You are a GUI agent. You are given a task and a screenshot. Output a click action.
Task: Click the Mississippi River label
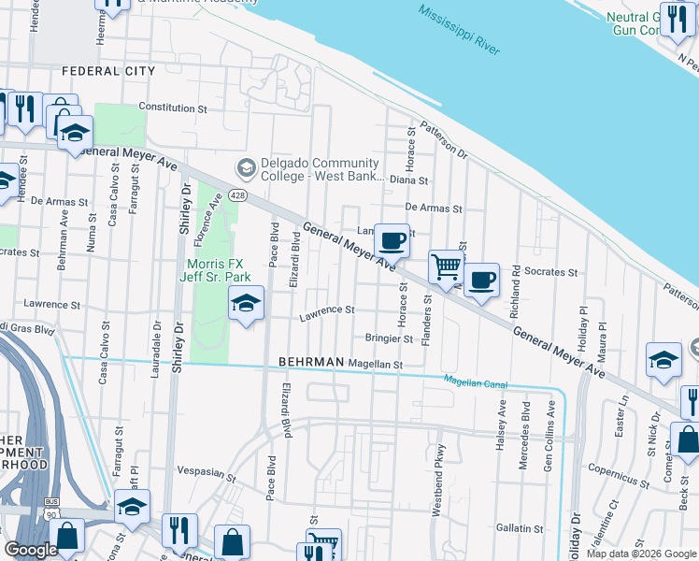point(459,29)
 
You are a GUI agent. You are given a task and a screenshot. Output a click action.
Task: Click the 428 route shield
point(239,195)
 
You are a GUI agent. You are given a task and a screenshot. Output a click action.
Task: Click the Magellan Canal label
point(475,381)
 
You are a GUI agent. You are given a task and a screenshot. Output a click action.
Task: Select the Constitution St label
point(173,108)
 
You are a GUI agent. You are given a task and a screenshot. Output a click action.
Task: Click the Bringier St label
point(389,338)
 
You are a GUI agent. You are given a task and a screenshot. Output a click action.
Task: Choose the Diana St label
point(409,180)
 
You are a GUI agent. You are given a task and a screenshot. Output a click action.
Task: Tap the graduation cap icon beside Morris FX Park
point(246,303)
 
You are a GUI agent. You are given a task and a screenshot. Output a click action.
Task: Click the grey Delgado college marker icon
point(247,169)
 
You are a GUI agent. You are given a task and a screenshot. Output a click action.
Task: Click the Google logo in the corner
point(31,550)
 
